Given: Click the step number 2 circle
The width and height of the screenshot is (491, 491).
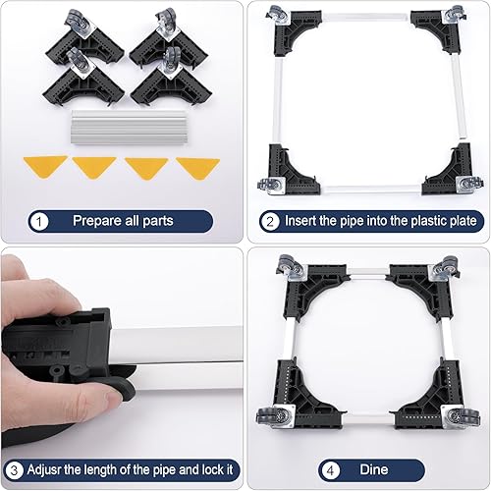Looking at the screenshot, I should tap(267, 221).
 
